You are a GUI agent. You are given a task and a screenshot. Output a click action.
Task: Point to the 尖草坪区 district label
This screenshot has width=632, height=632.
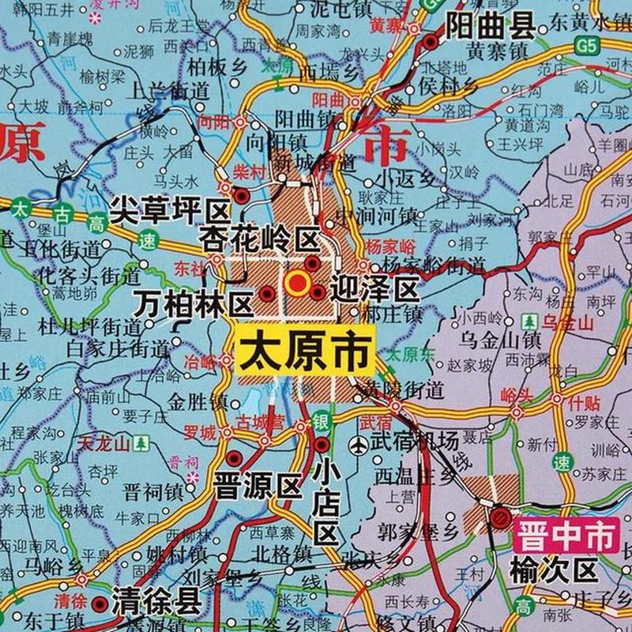(x=169, y=210)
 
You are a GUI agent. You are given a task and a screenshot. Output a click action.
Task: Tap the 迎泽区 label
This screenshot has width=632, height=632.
(x=374, y=289)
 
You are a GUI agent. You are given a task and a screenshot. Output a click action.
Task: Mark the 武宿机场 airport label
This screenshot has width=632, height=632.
(x=416, y=444)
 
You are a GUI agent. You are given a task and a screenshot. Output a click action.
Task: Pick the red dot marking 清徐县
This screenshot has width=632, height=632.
(x=98, y=604)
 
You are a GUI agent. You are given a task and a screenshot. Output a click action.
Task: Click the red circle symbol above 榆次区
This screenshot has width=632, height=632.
(x=500, y=517)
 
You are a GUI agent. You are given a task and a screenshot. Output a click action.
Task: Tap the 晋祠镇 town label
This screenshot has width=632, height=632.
(x=152, y=491)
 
